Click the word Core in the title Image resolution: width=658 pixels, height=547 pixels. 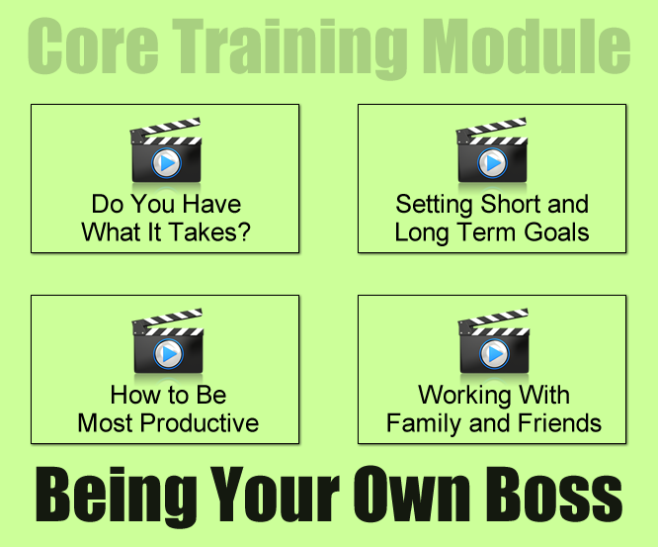[x=93, y=46]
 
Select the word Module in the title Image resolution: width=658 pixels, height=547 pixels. [x=527, y=46]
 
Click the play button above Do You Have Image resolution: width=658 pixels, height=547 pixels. [x=166, y=163]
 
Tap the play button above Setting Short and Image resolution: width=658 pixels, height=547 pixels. [x=492, y=163]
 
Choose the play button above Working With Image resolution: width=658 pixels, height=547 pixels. [x=494, y=354]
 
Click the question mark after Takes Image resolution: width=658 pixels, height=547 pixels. [x=244, y=231]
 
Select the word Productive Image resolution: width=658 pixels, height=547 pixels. [x=200, y=422]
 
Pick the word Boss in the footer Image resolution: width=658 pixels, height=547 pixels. [x=554, y=494]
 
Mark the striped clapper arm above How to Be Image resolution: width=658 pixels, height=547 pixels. [x=168, y=319]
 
